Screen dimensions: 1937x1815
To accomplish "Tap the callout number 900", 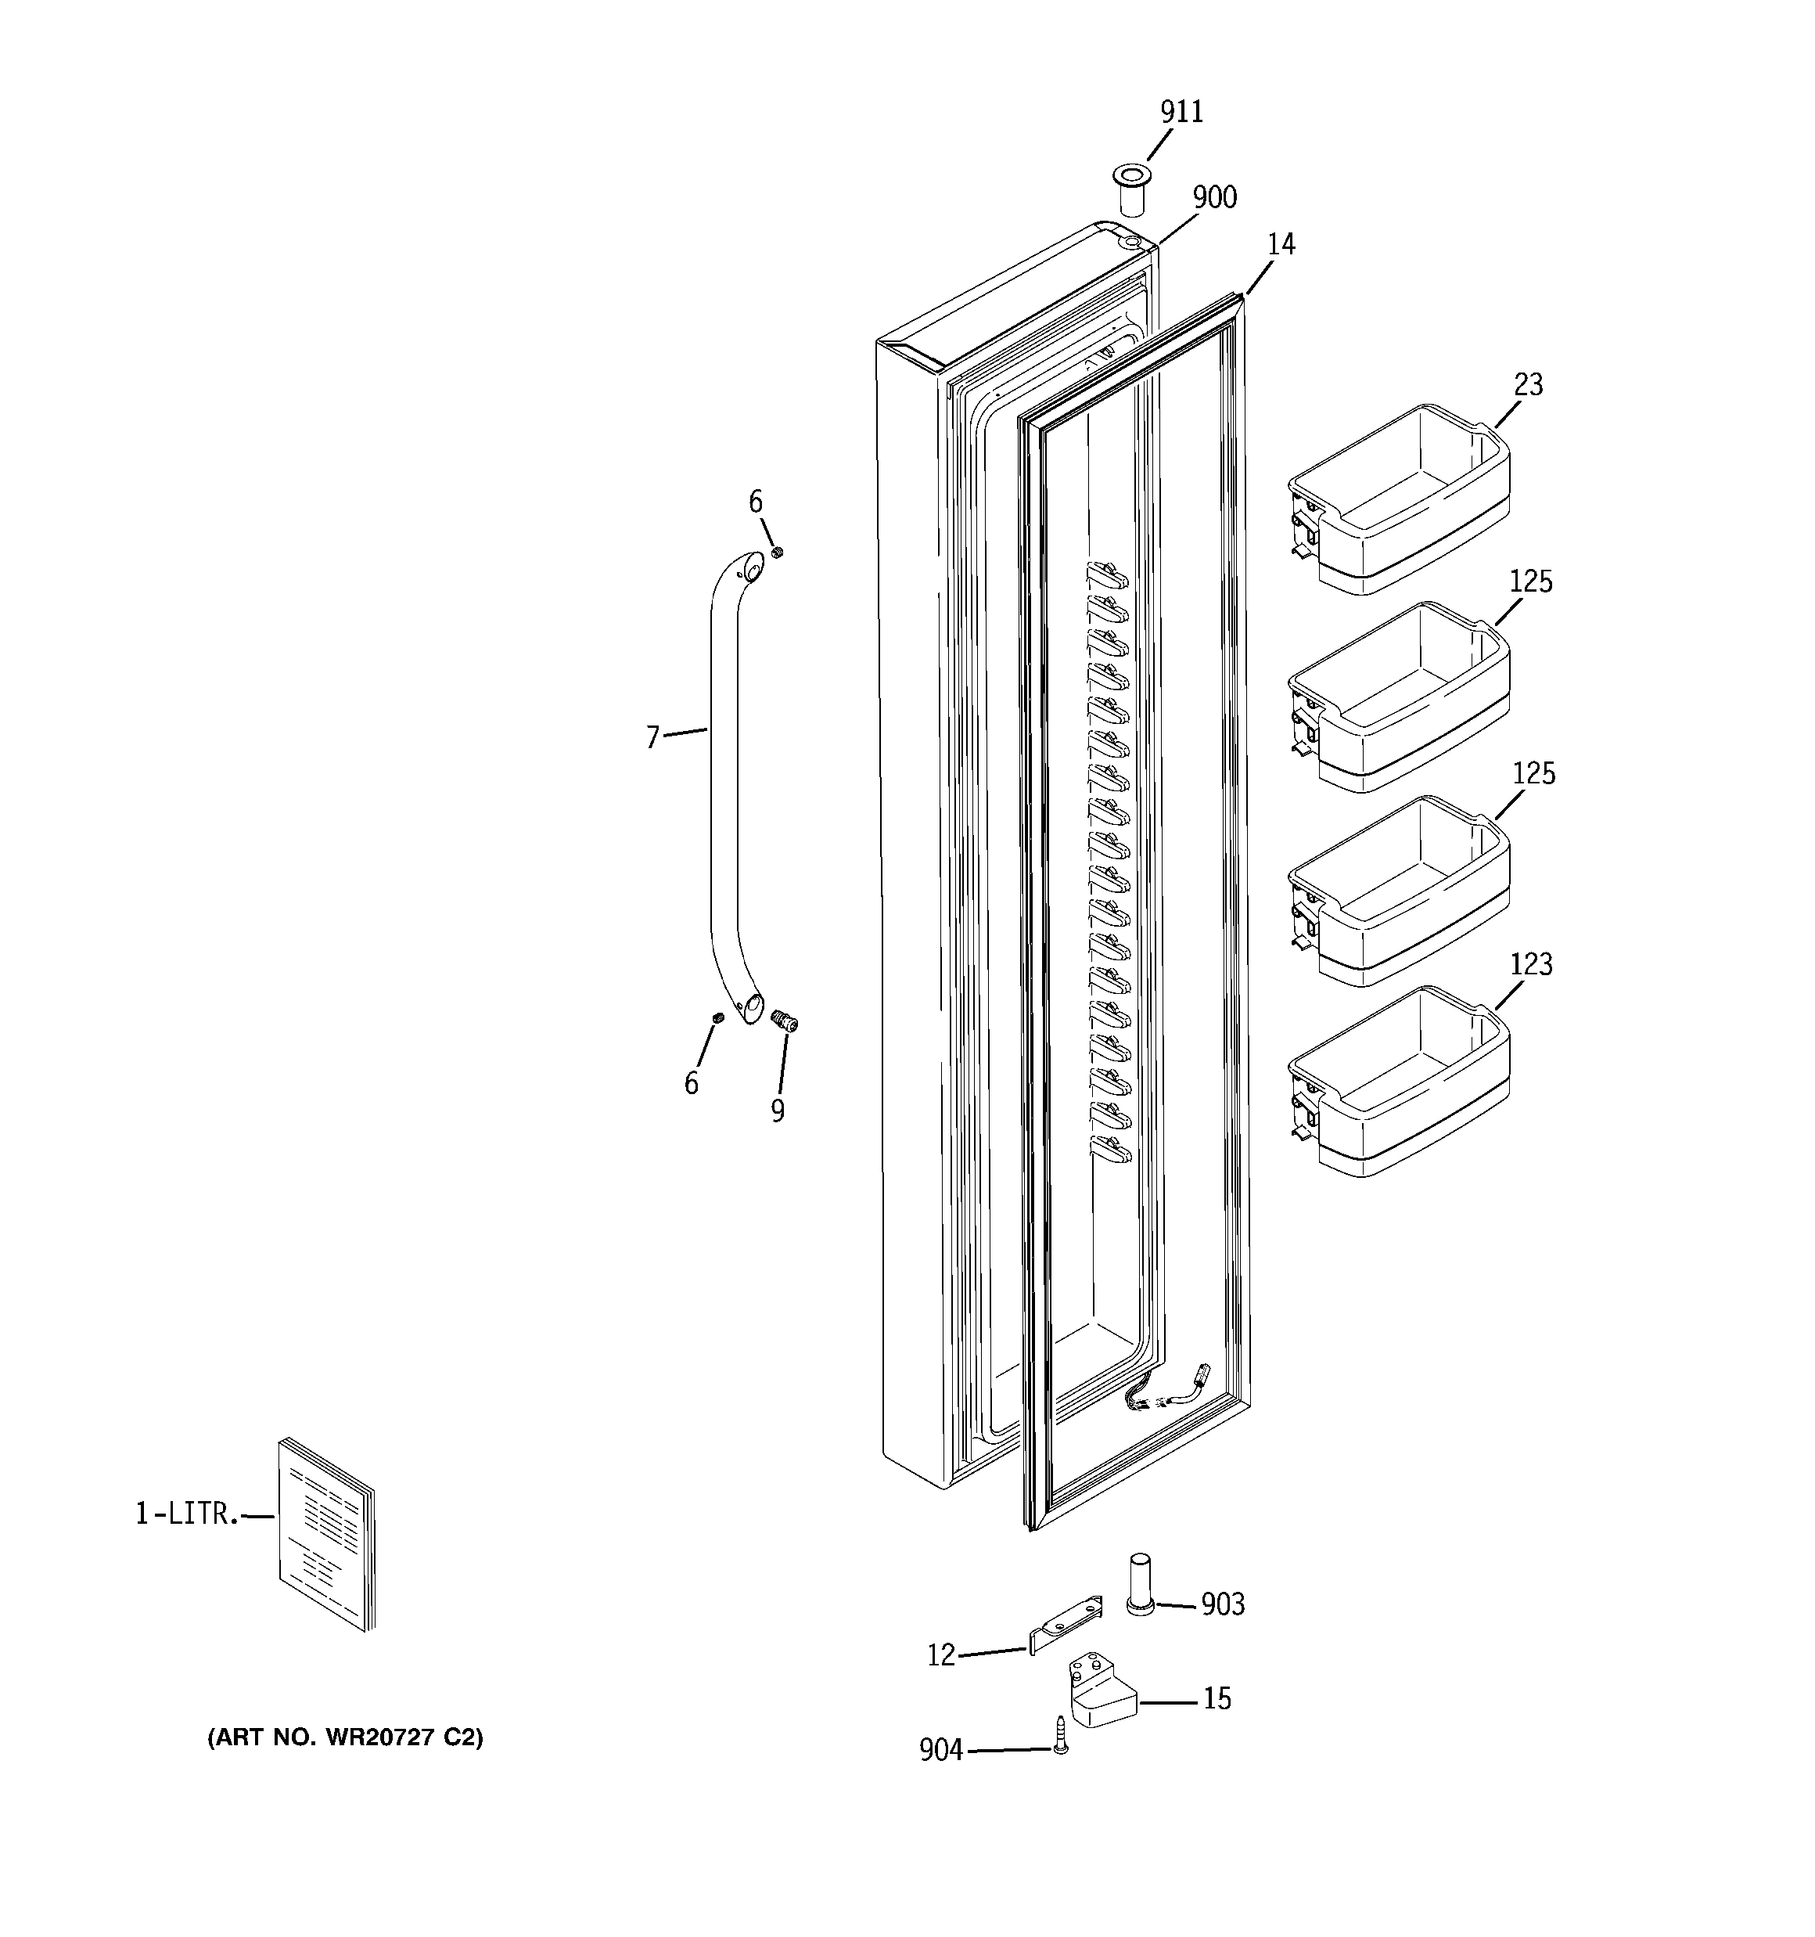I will pos(1215,198).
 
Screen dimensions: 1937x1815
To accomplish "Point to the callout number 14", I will pos(1281,244).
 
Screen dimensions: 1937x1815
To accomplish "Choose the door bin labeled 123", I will pos(1400,1082).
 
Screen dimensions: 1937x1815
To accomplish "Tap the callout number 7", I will pos(652,737).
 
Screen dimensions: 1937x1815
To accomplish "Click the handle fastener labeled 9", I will pos(783,1022).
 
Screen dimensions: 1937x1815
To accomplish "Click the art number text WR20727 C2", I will pos(345,1737).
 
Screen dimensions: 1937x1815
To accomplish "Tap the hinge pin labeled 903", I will pos(1140,1586).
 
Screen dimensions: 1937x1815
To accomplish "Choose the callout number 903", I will pos(1222,1604).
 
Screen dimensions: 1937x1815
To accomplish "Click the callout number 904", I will pos(940,1751).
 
